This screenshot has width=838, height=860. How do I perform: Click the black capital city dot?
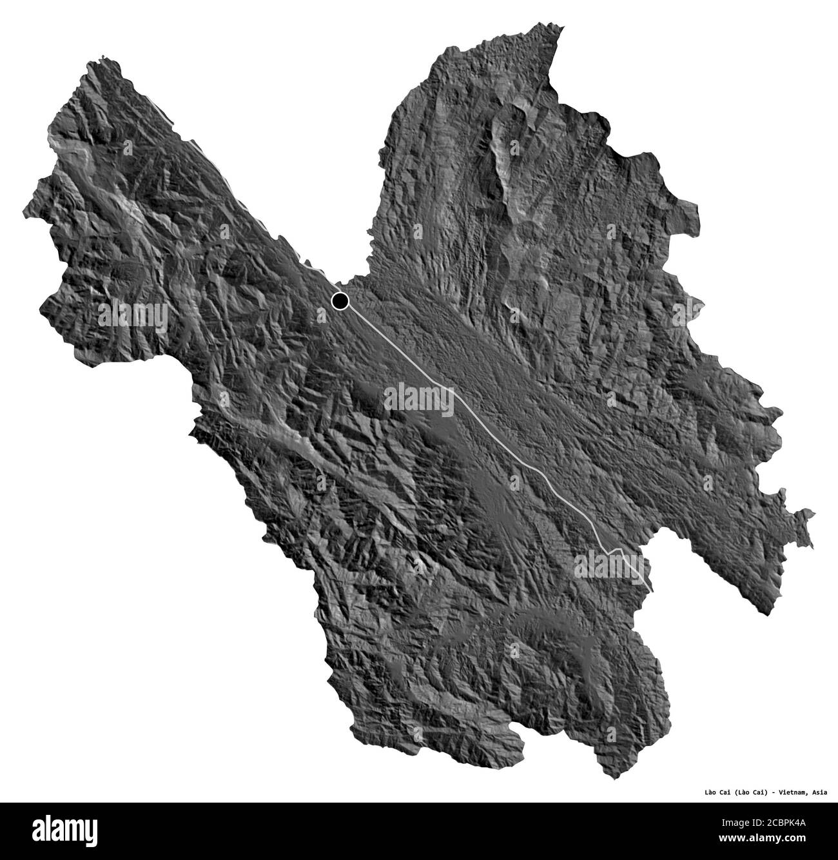tap(340, 300)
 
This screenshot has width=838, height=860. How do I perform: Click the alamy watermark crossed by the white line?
tap(419, 396)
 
